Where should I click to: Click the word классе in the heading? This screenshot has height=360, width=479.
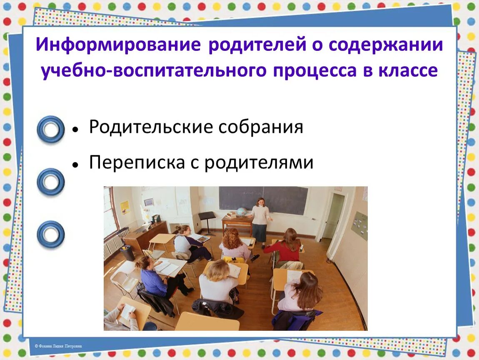click(x=408, y=71)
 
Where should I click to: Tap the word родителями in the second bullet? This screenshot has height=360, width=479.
click(x=259, y=162)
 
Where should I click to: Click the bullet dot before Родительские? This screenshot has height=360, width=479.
click(x=75, y=129)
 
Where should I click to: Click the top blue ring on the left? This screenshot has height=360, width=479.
click(x=50, y=129)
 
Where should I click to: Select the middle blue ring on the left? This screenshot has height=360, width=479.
click(x=50, y=182)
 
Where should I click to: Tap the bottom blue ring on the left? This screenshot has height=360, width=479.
click(x=50, y=233)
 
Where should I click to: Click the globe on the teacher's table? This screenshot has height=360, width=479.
click(x=241, y=212)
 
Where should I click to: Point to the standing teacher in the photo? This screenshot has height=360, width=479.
click(x=261, y=221)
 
